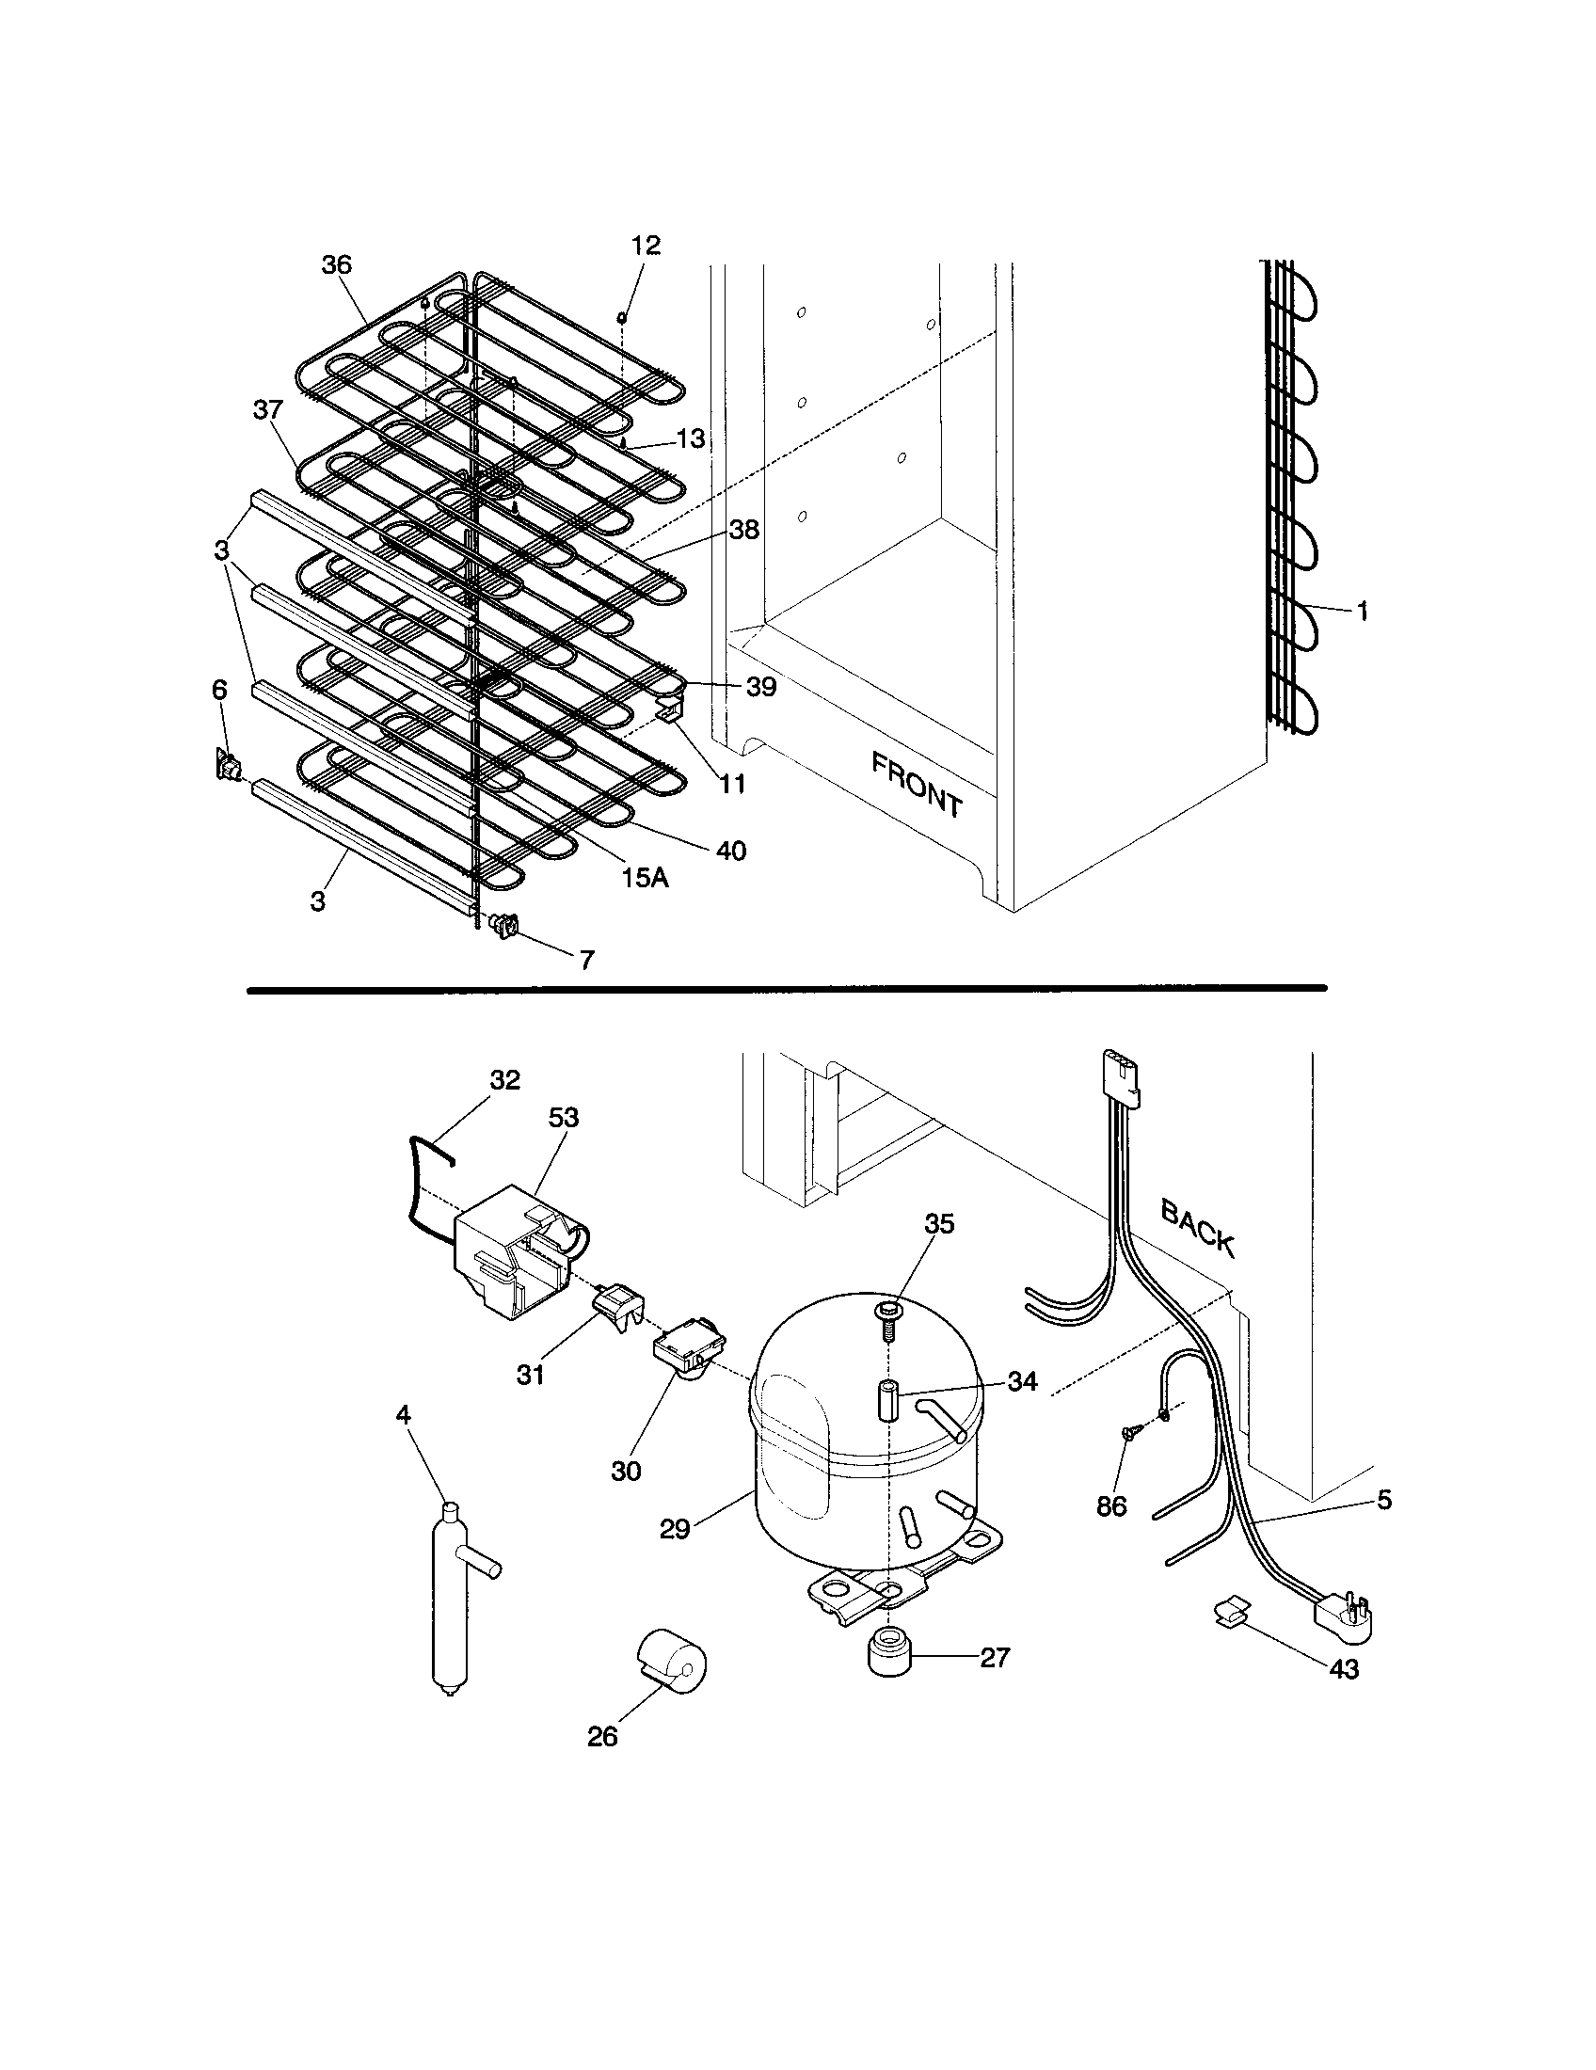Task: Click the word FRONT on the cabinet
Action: pyautogui.click(x=917, y=785)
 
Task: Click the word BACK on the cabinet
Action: pyautogui.click(x=1198, y=1227)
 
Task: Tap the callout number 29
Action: pyautogui.click(x=675, y=1529)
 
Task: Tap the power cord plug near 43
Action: pyautogui.click(x=1344, y=1616)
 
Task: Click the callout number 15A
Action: pyautogui.click(x=645, y=878)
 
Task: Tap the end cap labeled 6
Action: pyautogui.click(x=226, y=763)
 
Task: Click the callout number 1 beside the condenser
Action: pyautogui.click(x=1362, y=613)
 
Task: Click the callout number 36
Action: pyautogui.click(x=337, y=264)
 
